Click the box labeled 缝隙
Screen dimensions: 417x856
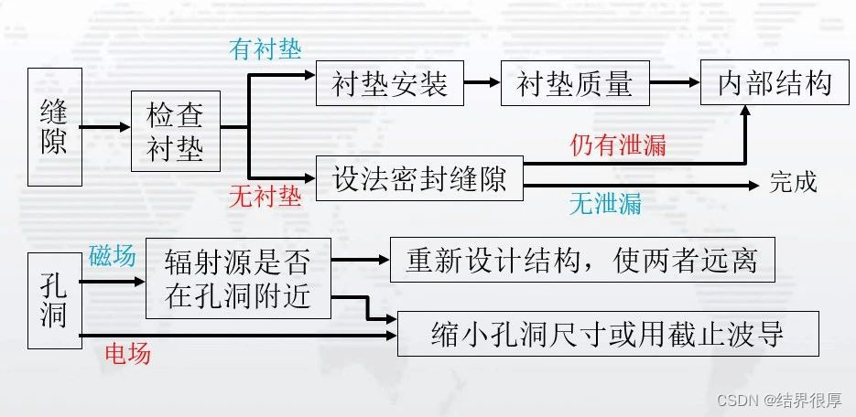coord(54,127)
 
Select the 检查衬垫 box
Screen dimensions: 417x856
coord(176,131)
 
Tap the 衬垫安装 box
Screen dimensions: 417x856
coord(389,85)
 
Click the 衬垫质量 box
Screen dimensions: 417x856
coord(575,85)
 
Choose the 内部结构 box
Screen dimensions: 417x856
coord(775,84)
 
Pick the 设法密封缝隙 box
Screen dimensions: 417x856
coord(418,177)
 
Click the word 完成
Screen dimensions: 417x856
coord(792,182)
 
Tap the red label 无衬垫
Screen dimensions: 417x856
coord(265,197)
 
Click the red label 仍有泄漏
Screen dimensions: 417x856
coord(618,145)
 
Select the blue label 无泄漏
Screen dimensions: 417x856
coord(605,204)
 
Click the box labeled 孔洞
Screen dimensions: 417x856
coord(54,300)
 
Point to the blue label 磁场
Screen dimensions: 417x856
coord(113,256)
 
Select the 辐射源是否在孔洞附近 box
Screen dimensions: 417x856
coord(237,279)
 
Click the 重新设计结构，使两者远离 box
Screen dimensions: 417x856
coord(581,262)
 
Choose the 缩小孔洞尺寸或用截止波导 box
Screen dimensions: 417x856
coord(607,335)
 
